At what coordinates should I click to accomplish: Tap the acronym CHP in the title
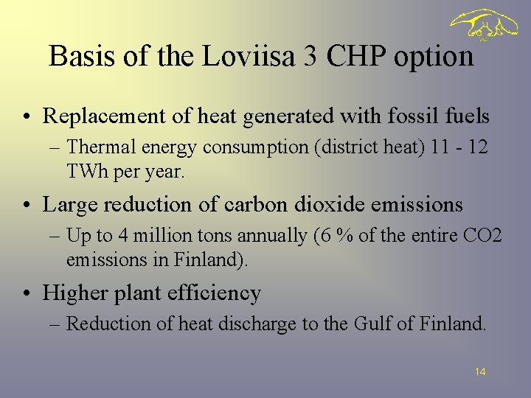coord(350,56)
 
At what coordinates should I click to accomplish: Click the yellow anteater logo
coord(484,25)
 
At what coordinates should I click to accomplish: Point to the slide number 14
coord(480,372)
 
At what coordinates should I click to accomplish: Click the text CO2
coord(482,236)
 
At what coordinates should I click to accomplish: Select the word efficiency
coord(215,293)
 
